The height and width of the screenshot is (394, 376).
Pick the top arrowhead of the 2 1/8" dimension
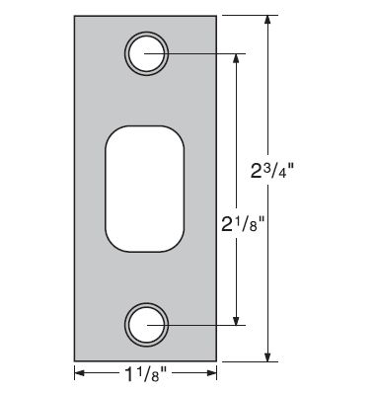coord(236,57)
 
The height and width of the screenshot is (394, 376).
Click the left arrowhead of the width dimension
coord(80,373)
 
